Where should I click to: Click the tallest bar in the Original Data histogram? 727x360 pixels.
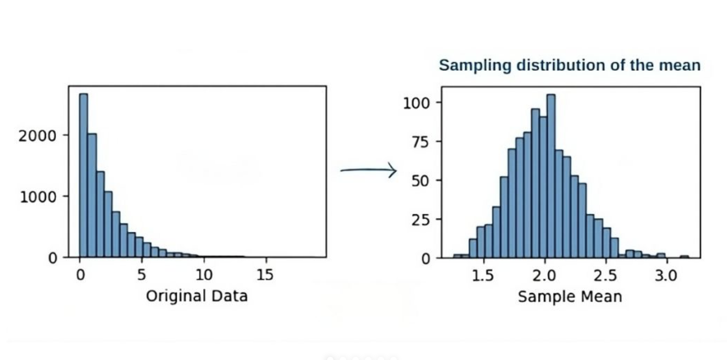click(83, 175)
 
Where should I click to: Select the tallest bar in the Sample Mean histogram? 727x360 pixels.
click(551, 176)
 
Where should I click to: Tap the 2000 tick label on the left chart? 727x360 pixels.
click(37, 136)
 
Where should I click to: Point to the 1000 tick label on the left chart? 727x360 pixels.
click(38, 197)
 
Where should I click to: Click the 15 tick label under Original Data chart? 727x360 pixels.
click(265, 275)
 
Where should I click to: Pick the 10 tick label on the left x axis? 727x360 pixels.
click(204, 275)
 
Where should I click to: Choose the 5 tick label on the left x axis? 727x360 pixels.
click(141, 275)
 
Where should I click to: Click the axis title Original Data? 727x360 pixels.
click(197, 296)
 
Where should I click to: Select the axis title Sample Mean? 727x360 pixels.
click(570, 297)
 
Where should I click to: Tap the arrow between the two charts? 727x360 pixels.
click(368, 170)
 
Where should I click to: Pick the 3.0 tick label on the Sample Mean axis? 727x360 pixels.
click(666, 276)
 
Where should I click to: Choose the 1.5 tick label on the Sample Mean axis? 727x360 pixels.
click(483, 276)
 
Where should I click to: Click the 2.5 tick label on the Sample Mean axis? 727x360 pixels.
click(605, 276)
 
